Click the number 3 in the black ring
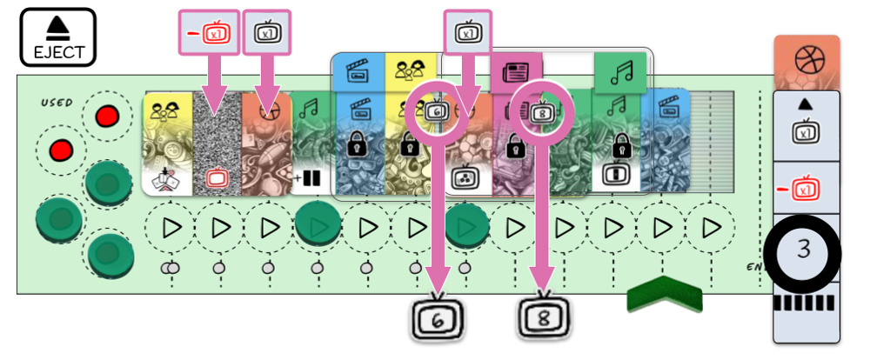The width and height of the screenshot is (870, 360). click(803, 250)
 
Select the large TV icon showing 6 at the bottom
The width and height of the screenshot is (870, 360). click(437, 318)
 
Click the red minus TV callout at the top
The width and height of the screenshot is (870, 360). click(208, 34)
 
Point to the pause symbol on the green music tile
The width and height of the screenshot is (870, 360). click(311, 180)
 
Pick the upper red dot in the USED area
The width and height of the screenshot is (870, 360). click(107, 117)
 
